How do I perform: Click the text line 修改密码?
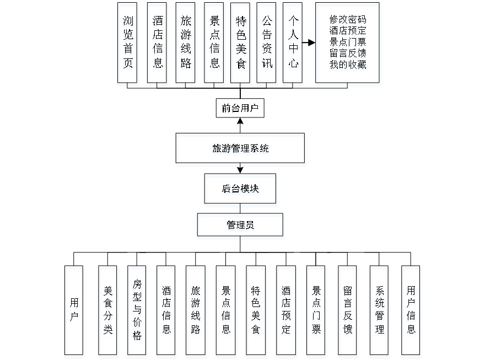pyautogui.click(x=348, y=20)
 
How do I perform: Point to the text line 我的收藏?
pyautogui.click(x=348, y=65)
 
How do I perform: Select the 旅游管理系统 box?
pyautogui.click(x=240, y=149)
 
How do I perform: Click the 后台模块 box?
pyautogui.click(x=240, y=190)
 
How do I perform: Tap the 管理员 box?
pyautogui.click(x=240, y=227)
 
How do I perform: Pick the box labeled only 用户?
pyautogui.click(x=74, y=311)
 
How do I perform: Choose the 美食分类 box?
pyautogui.click(x=108, y=311)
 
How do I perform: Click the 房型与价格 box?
pyautogui.click(x=137, y=311)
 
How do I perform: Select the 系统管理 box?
pyautogui.click(x=379, y=311)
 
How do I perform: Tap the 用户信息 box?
pyautogui.click(x=411, y=311)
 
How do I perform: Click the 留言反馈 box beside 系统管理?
pyautogui.click(x=348, y=311)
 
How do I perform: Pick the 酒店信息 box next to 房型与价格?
pyautogui.click(x=166, y=311)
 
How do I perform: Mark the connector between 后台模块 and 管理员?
pyautogui.click(x=240, y=211)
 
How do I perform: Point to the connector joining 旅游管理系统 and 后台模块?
pyautogui.click(x=240, y=170)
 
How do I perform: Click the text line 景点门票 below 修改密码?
pyautogui.click(x=348, y=42)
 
